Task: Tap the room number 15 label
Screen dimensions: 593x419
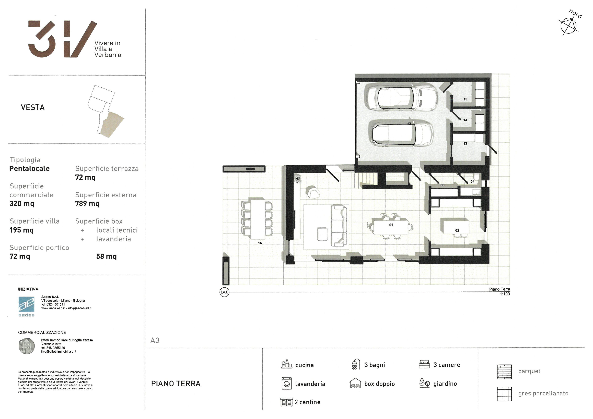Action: coord(465,99)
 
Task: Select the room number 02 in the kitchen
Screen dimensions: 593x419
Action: coord(457,230)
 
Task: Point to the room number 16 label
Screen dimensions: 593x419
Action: coord(260,243)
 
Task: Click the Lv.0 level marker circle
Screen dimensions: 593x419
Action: coord(224,292)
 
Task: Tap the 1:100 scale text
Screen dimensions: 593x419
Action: coord(505,294)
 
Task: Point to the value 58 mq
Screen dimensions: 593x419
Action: coord(106,256)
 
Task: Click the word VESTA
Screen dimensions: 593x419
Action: coord(33,107)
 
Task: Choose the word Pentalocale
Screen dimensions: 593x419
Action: coord(29,168)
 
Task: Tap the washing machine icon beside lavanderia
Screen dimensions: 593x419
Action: coord(286,383)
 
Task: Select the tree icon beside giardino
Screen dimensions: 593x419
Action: coord(424,383)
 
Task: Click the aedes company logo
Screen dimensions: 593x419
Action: coord(26,306)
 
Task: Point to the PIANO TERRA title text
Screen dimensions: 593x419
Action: coord(176,384)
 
